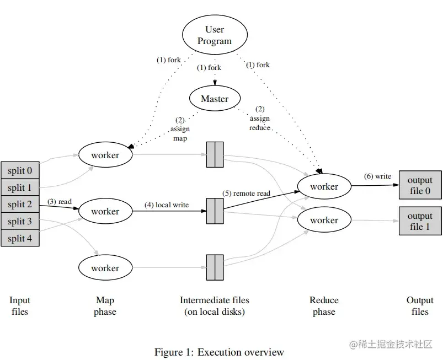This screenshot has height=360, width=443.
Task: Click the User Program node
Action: click(215, 35)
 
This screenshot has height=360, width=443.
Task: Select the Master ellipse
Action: click(215, 99)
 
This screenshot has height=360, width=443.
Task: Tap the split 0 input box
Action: click(20, 170)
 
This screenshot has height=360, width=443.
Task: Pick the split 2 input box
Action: click(20, 204)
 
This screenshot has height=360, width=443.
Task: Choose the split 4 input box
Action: click(20, 238)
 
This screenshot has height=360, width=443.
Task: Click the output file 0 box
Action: click(420, 185)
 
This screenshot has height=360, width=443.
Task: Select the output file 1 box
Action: click(420, 221)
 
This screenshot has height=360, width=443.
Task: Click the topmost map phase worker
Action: click(105, 155)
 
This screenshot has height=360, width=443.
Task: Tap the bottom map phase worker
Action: click(105, 268)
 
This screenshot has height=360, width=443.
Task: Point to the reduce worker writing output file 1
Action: click(324, 220)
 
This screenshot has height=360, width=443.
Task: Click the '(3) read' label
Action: click(60, 202)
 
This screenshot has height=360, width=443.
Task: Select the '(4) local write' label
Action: click(167, 205)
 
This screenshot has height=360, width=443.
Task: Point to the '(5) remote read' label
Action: click(247, 193)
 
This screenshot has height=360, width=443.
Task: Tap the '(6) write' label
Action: click(378, 176)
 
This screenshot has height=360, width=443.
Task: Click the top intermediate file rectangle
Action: click(215, 155)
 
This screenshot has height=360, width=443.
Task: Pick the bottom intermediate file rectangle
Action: click(215, 267)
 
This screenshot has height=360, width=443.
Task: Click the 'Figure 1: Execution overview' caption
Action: click(219, 352)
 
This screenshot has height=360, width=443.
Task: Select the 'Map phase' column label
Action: click(105, 306)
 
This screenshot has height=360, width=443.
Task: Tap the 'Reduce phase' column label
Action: click(324, 306)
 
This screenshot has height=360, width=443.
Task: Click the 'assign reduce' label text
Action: click(260, 123)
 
